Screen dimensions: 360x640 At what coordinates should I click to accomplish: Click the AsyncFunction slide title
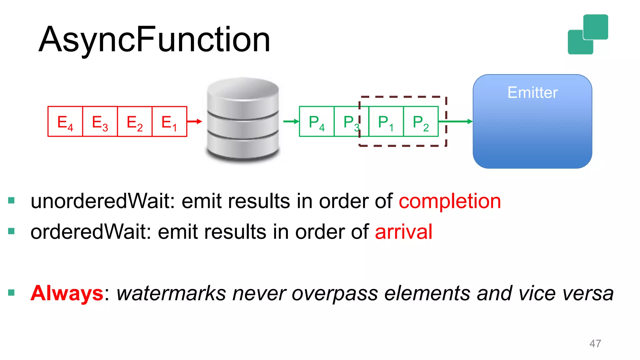pyautogui.click(x=154, y=40)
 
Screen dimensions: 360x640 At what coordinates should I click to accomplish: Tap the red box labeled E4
pyautogui.click(x=65, y=122)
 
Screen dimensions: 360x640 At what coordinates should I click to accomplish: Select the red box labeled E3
pyautogui.click(x=100, y=122)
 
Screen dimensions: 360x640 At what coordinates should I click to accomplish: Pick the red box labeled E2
pyautogui.click(x=134, y=122)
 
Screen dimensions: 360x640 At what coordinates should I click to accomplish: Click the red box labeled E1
pyautogui.click(x=169, y=122)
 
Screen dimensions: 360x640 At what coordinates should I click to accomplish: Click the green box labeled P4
pyautogui.click(x=317, y=122)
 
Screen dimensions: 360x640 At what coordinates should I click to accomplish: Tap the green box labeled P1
pyautogui.click(x=386, y=122)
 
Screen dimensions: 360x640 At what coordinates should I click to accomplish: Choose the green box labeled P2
pyautogui.click(x=421, y=122)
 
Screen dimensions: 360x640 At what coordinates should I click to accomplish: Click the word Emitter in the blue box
pyautogui.click(x=532, y=92)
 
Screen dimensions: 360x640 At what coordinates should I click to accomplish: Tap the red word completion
pyautogui.click(x=449, y=201)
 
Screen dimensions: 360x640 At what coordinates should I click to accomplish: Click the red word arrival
pyautogui.click(x=403, y=232)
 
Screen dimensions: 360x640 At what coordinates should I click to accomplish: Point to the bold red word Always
pyautogui.click(x=67, y=293)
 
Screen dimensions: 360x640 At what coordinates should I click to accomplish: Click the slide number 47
pyautogui.click(x=595, y=343)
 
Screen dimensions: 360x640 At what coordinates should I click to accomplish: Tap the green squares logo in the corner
pyautogui.click(x=587, y=34)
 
